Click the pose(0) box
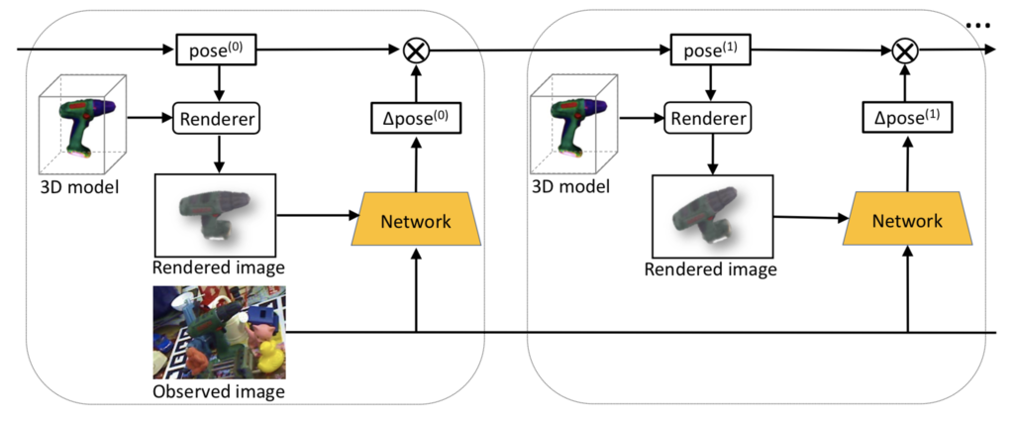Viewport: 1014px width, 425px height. [x=211, y=49]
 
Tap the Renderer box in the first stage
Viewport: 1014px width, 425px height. [x=218, y=120]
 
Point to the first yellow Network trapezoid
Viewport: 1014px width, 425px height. [x=416, y=221]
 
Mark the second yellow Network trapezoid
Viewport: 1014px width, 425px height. [x=907, y=221]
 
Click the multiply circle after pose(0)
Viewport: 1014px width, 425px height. [x=416, y=49]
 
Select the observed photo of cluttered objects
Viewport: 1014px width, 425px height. [x=219, y=332]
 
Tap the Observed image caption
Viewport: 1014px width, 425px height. [x=219, y=391]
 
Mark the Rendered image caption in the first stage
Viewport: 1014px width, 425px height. [x=218, y=267]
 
